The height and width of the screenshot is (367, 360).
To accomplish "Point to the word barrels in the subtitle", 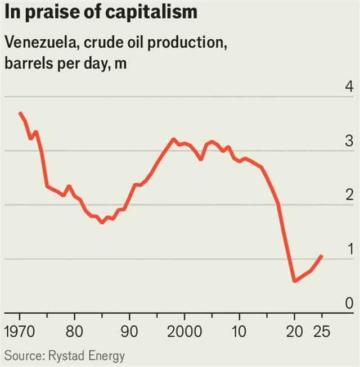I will [x=26, y=63].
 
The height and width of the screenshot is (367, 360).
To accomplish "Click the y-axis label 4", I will [x=349, y=88].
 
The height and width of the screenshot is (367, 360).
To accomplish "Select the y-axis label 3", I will [x=349, y=142].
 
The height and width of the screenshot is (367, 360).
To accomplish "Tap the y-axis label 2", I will [x=349, y=196].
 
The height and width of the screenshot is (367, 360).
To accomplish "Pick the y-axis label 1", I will [x=349, y=250].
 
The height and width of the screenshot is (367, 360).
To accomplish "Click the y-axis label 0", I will [x=349, y=303].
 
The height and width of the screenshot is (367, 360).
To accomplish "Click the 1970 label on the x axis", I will [x=20, y=330].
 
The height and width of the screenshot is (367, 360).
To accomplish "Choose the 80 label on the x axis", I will [x=75, y=330].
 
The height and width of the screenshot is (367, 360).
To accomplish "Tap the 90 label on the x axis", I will [x=129, y=330].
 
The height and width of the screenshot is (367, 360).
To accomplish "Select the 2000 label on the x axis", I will [x=184, y=330].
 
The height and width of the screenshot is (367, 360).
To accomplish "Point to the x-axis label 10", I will [x=239, y=330].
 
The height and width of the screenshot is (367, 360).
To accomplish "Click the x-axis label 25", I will [x=322, y=330].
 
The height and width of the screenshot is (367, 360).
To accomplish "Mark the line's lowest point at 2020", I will [x=294, y=280].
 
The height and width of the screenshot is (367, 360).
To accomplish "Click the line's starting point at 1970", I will [x=20, y=113].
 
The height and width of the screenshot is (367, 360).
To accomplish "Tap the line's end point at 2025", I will [x=322, y=256].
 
